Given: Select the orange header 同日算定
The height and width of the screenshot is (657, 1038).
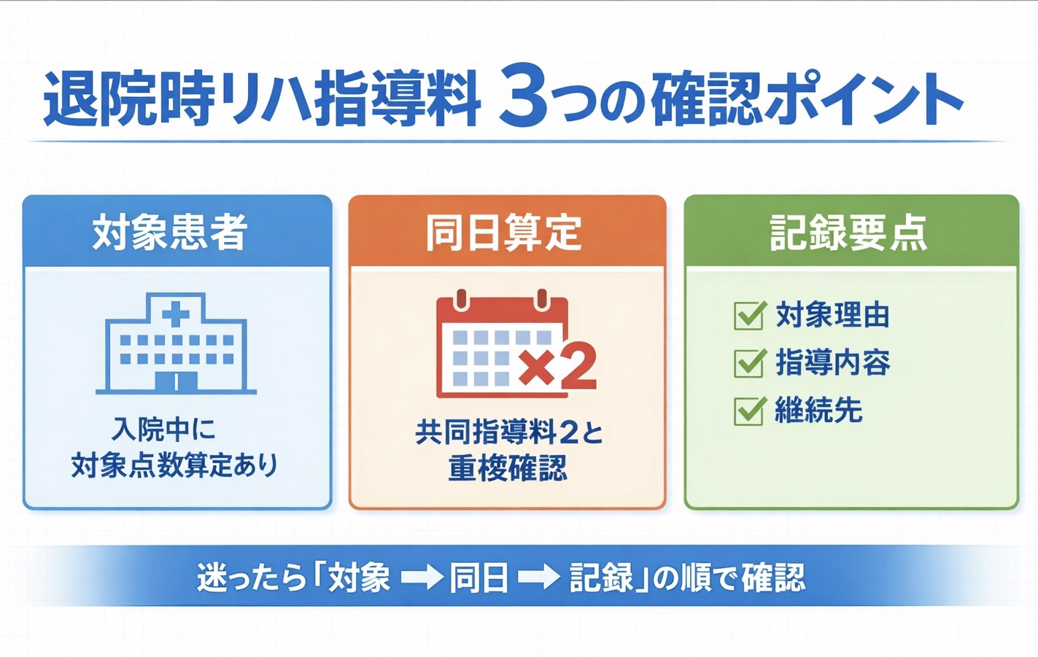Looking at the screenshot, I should pos(507,232).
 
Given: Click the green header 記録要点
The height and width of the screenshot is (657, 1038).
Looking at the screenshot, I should pos(851,232).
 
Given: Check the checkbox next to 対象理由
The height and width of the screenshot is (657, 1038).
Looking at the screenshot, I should pos(749,316).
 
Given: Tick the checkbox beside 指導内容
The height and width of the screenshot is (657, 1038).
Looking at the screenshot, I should pos(749,362).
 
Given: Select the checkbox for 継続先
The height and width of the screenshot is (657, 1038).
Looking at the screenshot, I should pos(749,411).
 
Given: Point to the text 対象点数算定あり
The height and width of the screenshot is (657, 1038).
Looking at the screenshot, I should pos(175,465).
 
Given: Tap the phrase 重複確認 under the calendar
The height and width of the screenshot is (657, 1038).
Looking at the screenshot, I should pos(507,468).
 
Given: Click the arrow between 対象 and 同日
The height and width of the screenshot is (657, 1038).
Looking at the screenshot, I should pos(422,578).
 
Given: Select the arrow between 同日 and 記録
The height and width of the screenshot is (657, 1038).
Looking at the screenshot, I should pos(538,578).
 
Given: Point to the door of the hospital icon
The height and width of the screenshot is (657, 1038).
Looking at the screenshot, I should pos(176,381).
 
